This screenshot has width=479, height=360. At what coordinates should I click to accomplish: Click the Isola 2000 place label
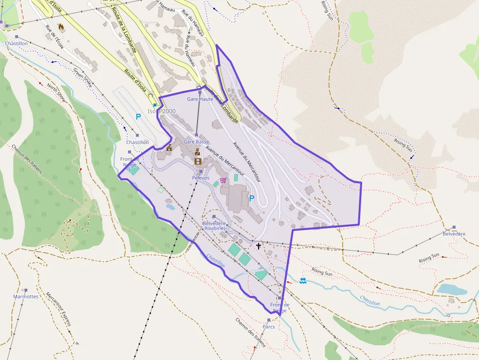(161, 111)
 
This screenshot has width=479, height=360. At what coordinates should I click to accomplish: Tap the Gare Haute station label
(200, 99)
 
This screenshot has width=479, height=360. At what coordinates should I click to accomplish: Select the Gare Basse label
(196, 142)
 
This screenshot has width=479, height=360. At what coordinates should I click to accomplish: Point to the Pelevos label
(200, 178)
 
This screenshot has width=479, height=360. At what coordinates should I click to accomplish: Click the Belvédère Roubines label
(215, 225)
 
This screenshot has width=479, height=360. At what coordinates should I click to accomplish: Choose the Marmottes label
(25, 296)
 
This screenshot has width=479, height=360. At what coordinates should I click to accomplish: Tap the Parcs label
(269, 326)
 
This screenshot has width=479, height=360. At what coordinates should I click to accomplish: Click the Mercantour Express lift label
(59, 309)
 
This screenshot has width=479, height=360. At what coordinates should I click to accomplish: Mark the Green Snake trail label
(83, 76)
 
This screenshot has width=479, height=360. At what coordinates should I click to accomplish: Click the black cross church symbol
(258, 247)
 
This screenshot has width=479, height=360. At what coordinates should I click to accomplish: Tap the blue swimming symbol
(303, 281)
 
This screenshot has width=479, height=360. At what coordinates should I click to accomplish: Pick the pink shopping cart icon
(223, 180)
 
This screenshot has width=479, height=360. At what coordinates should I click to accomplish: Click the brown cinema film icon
(197, 161)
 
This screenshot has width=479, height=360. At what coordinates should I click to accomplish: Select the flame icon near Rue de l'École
(61, 27)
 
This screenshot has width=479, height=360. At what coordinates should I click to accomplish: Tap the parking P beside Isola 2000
(138, 117)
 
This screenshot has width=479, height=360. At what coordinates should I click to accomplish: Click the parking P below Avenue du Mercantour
(252, 198)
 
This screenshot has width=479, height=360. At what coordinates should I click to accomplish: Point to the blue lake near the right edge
(452, 289)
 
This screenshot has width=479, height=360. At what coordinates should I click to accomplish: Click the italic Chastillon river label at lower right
(370, 300)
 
